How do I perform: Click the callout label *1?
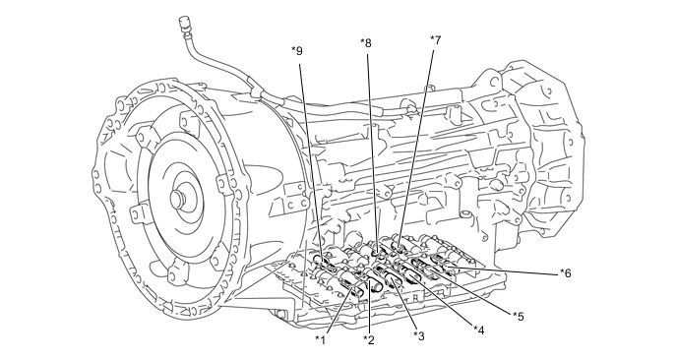320,339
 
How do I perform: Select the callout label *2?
369,339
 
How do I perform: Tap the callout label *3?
419,335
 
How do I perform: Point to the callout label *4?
479,330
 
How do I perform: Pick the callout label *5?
519,317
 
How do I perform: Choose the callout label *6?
566,273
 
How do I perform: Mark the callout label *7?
436,40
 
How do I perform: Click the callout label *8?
366,42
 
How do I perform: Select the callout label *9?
297,51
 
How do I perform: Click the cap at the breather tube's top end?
183,24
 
